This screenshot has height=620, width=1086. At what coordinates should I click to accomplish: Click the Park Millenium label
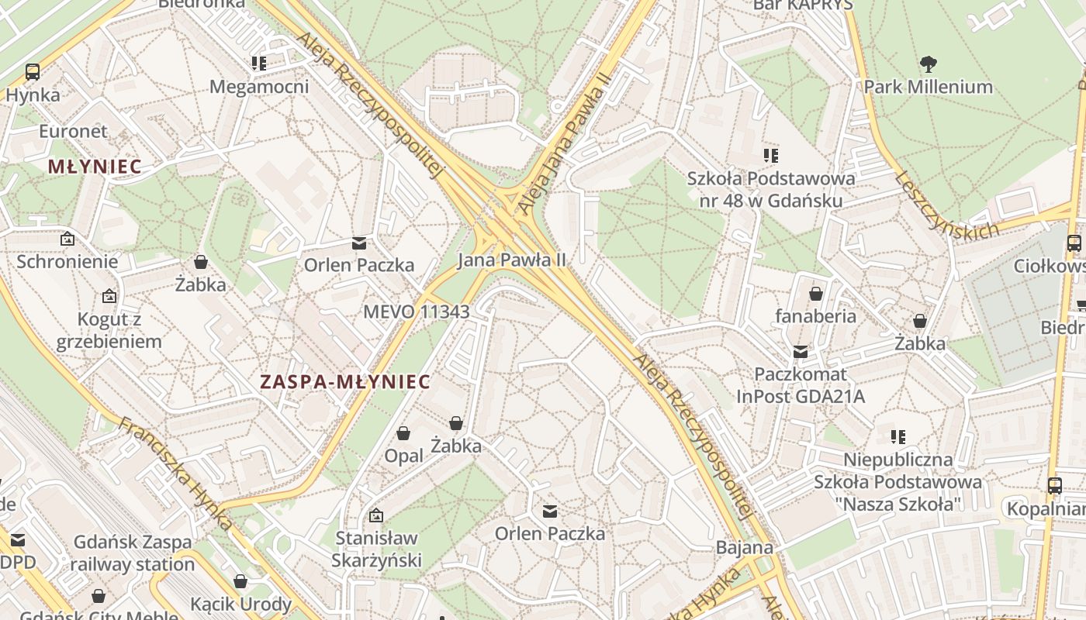click(x=928, y=87)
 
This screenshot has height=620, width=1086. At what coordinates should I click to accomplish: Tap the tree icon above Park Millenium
click(x=928, y=64)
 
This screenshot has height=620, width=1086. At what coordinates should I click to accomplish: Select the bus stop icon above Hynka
click(x=33, y=72)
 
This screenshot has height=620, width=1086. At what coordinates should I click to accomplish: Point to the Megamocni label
click(x=259, y=86)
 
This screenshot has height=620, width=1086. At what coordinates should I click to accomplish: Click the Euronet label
click(x=73, y=131)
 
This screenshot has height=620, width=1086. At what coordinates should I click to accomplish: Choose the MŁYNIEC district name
click(x=95, y=166)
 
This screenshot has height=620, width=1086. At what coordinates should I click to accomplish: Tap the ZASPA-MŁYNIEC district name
click(x=344, y=381)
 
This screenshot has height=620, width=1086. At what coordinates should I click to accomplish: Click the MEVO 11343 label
click(x=417, y=312)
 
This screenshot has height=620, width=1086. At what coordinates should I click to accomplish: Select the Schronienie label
click(x=67, y=261)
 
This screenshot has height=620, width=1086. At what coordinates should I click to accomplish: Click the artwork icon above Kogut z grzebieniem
click(x=109, y=296)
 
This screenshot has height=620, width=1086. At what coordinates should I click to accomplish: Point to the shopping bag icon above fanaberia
click(x=816, y=294)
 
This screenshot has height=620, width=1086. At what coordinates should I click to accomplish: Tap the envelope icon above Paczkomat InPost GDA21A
click(x=801, y=353)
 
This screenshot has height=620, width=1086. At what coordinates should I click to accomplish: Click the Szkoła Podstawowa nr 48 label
click(x=770, y=189)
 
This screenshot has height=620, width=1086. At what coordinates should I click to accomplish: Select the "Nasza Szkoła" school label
click(x=898, y=481)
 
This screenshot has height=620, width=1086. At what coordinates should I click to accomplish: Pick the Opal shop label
click(x=404, y=456)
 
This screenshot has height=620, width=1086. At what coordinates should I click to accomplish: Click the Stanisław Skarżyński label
click(x=376, y=549)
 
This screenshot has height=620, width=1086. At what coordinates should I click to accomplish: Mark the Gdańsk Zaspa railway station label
click(x=132, y=553)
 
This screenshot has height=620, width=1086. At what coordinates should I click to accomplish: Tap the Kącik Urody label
click(x=240, y=604)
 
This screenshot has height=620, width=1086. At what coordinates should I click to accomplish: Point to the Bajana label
click(x=744, y=548)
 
